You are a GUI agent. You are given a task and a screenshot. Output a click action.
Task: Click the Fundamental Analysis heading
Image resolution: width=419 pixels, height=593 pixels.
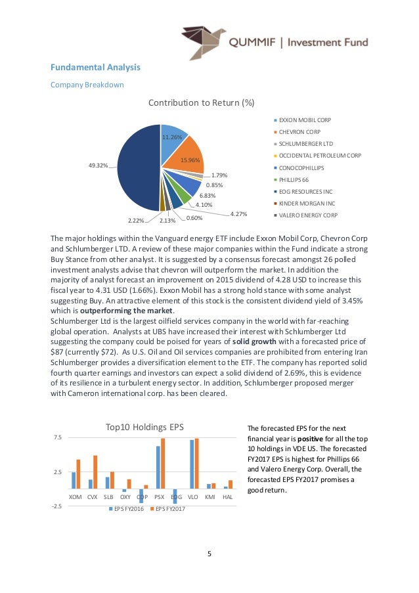click(x=96, y=67)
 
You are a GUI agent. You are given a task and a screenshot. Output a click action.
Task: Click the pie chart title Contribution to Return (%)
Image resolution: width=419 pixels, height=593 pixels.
click(x=201, y=102)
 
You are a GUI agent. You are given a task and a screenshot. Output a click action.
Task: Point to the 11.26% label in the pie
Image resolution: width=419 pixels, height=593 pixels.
click(x=171, y=137)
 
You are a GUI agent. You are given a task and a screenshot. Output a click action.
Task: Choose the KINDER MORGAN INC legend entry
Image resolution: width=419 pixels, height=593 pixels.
click(x=306, y=203)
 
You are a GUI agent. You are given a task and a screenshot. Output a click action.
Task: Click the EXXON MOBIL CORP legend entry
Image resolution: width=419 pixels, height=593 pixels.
click(x=305, y=121)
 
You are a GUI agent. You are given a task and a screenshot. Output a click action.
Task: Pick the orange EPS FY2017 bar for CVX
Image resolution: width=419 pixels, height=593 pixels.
click(x=95, y=472)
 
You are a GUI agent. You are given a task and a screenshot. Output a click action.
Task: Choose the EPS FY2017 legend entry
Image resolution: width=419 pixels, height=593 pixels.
click(x=169, y=508)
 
